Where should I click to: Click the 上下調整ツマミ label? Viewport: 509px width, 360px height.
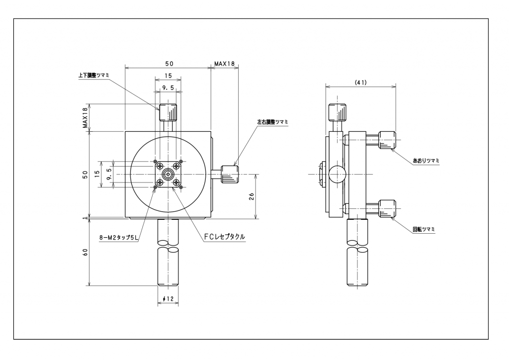(93, 75)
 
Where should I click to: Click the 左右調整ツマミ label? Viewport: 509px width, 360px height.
(272, 122)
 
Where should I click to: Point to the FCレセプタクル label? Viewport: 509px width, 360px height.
(224, 237)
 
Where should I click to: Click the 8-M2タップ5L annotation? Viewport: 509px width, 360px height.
(118, 238)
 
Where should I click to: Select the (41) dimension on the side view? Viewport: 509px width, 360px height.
(361, 83)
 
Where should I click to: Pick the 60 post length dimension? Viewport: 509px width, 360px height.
(85, 252)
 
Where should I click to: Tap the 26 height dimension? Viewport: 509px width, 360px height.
(251, 195)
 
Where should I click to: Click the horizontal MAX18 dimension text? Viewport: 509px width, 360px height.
(224, 64)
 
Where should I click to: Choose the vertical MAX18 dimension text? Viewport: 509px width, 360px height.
(85, 118)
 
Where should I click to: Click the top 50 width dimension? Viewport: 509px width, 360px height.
(168, 64)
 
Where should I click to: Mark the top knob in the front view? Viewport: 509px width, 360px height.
(168, 112)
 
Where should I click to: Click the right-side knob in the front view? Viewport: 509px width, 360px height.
(230, 174)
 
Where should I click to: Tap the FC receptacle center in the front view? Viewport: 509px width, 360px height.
(169, 174)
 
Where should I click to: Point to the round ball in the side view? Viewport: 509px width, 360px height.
(337, 174)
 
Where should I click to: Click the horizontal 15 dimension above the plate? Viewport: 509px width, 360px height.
(168, 76)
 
